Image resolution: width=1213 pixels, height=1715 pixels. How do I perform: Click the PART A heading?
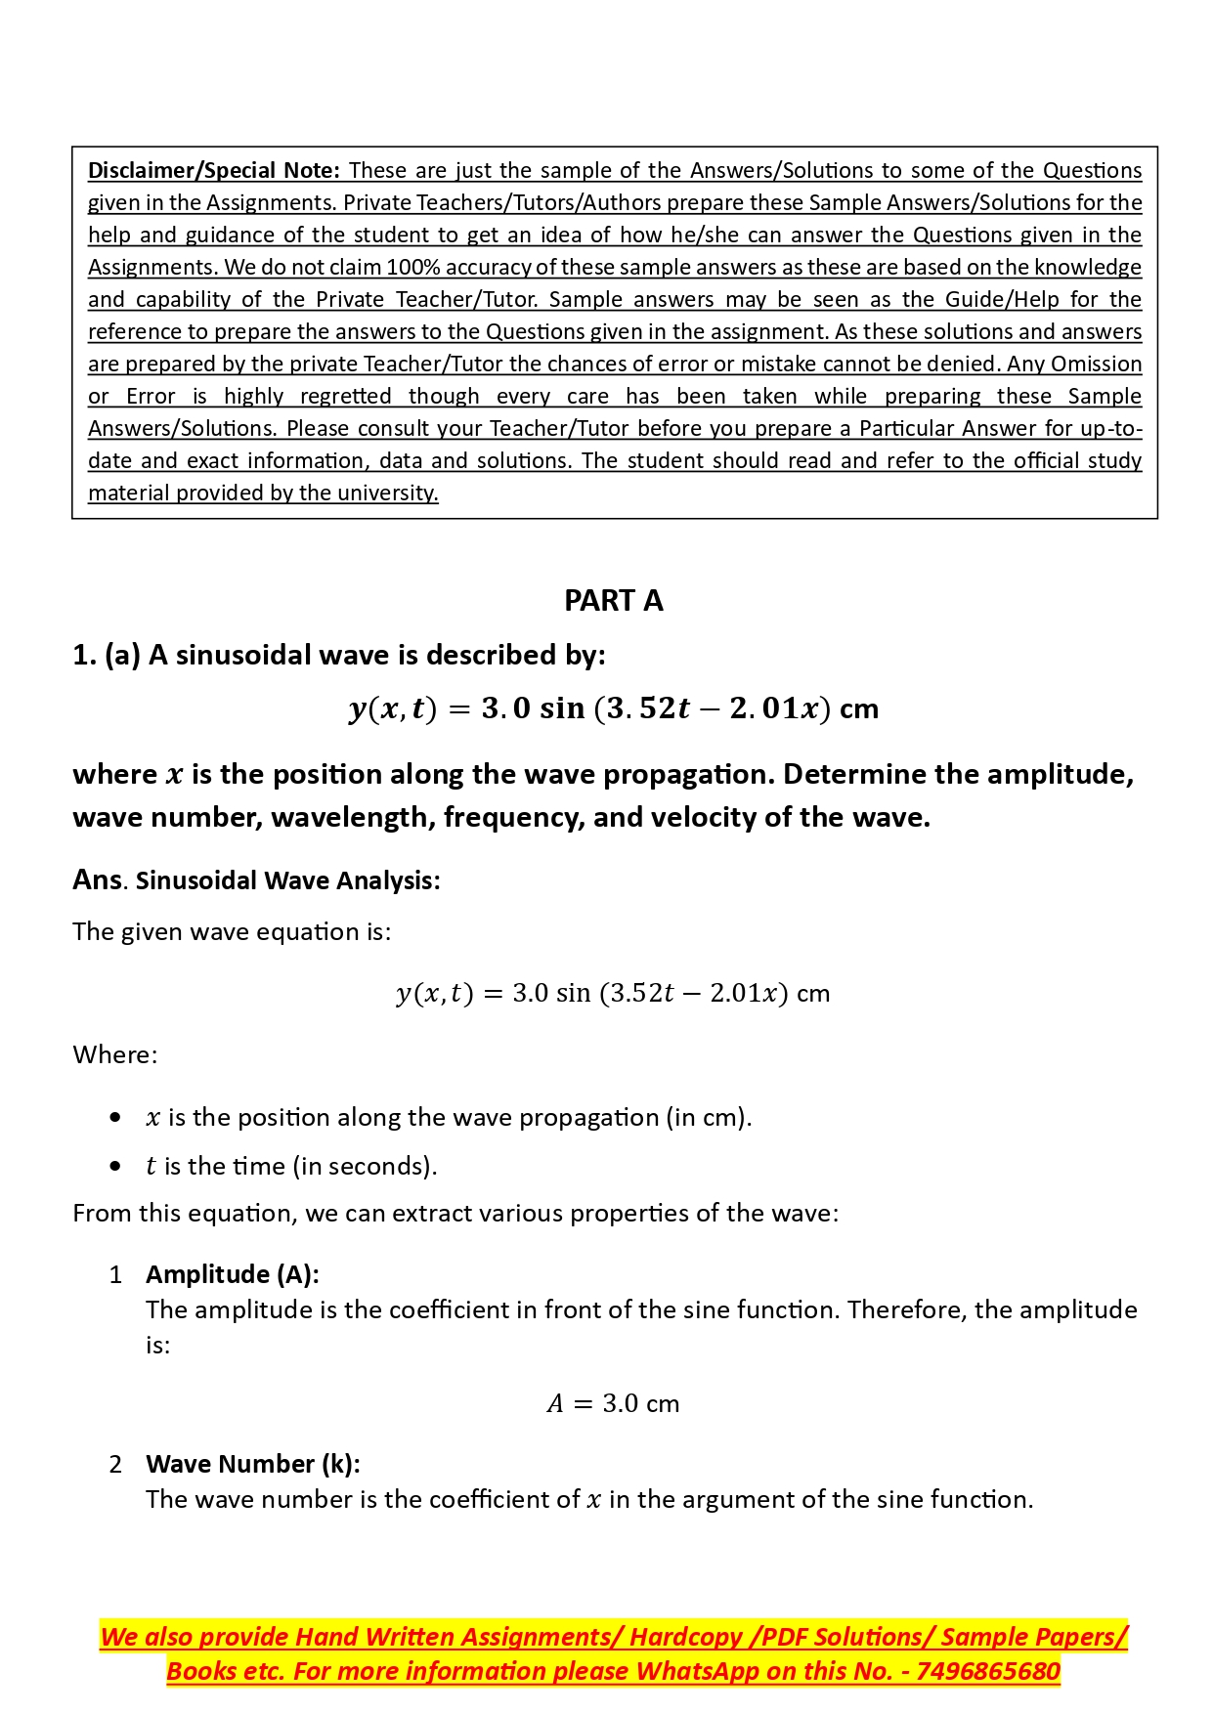pyautogui.click(x=613, y=600)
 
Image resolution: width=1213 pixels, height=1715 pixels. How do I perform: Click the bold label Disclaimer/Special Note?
pyautogui.click(x=213, y=170)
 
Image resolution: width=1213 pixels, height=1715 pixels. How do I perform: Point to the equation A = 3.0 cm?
pyautogui.click(x=613, y=1403)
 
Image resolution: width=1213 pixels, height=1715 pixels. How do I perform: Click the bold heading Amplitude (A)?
pyautogui.click(x=233, y=1274)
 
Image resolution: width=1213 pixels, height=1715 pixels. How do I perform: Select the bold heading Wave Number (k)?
pyautogui.click(x=253, y=1464)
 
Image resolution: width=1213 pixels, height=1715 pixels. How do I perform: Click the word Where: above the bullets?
pyautogui.click(x=114, y=1054)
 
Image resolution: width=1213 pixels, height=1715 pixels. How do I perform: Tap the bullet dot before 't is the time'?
pyautogui.click(x=116, y=1166)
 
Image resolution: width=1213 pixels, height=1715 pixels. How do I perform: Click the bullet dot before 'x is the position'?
pyautogui.click(x=116, y=1117)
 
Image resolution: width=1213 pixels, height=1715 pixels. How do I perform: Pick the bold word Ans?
pyautogui.click(x=97, y=879)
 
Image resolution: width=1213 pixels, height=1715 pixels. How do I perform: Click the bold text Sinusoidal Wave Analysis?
pyautogui.click(x=287, y=880)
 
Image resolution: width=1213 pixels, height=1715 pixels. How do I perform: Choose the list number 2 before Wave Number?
pyautogui.click(x=115, y=1464)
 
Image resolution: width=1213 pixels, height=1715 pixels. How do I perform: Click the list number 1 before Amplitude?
pyautogui.click(x=115, y=1274)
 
